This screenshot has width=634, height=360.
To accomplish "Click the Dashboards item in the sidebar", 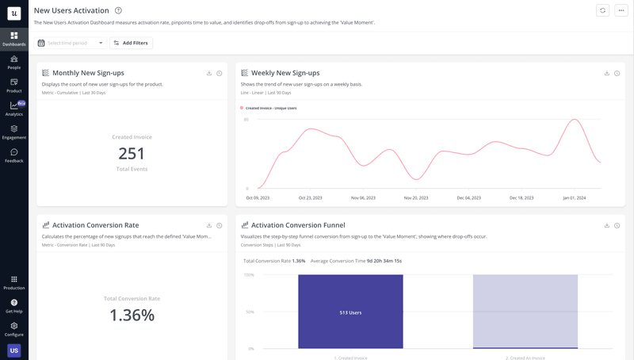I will [14, 39].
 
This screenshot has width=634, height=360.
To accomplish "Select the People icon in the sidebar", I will [14, 62].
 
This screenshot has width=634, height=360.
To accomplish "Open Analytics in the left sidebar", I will [14, 109].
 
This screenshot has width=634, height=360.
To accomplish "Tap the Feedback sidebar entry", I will [14, 155].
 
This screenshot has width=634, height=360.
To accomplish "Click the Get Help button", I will [14, 305].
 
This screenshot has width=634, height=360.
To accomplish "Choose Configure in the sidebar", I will [14, 328].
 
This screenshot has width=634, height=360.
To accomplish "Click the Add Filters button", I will [132, 43].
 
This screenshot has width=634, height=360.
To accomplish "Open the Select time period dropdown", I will [71, 43].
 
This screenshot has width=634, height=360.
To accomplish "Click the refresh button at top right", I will [603, 10].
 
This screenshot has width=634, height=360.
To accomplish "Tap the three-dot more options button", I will [621, 10].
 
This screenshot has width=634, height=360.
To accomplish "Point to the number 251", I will [132, 154].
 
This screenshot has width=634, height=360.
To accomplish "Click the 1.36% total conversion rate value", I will [132, 315].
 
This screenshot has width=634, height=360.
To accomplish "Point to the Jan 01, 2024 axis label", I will [574, 197].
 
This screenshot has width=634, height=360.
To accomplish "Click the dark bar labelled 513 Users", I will [350, 312].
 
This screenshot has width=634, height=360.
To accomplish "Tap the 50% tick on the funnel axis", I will [249, 312].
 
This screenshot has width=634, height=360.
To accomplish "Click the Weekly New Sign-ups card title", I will [285, 73].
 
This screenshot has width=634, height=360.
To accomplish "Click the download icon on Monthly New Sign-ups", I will [209, 73].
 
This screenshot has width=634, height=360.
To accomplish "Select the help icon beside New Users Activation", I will [118, 10].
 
